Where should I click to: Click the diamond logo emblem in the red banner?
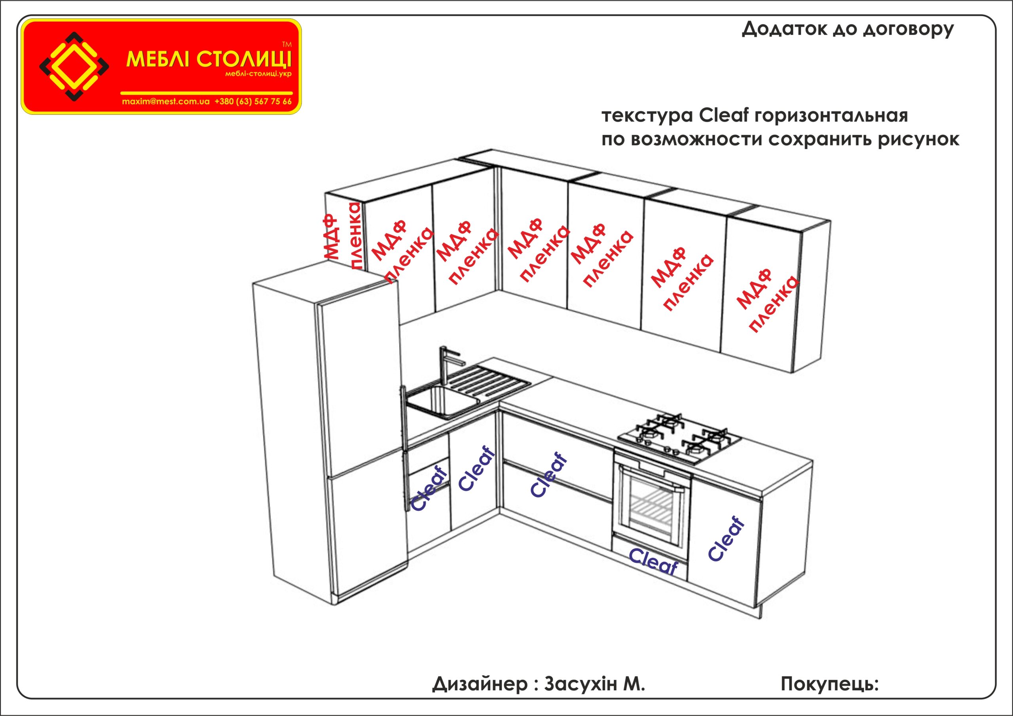click(74, 66)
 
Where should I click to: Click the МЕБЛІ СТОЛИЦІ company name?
click(208, 59)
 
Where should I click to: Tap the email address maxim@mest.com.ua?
click(165, 101)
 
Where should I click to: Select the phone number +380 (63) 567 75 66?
click(253, 101)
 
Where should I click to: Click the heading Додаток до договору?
click(848, 29)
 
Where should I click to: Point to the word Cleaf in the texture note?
click(724, 115)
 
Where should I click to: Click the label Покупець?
click(829, 684)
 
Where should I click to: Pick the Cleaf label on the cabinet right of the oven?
click(726, 539)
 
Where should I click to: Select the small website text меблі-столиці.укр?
click(258, 74)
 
